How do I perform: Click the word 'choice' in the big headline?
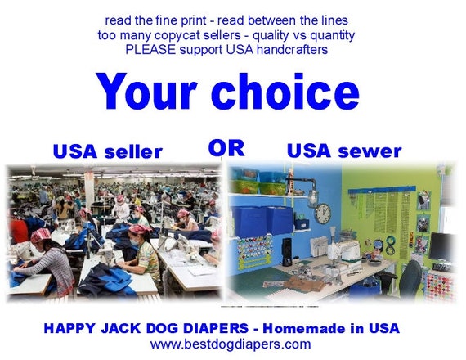(285, 91)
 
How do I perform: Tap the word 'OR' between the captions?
(226, 148)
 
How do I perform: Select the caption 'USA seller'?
(107, 151)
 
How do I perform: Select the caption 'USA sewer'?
(343, 151)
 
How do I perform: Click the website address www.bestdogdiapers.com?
(231, 344)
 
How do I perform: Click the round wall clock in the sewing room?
(322, 213)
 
